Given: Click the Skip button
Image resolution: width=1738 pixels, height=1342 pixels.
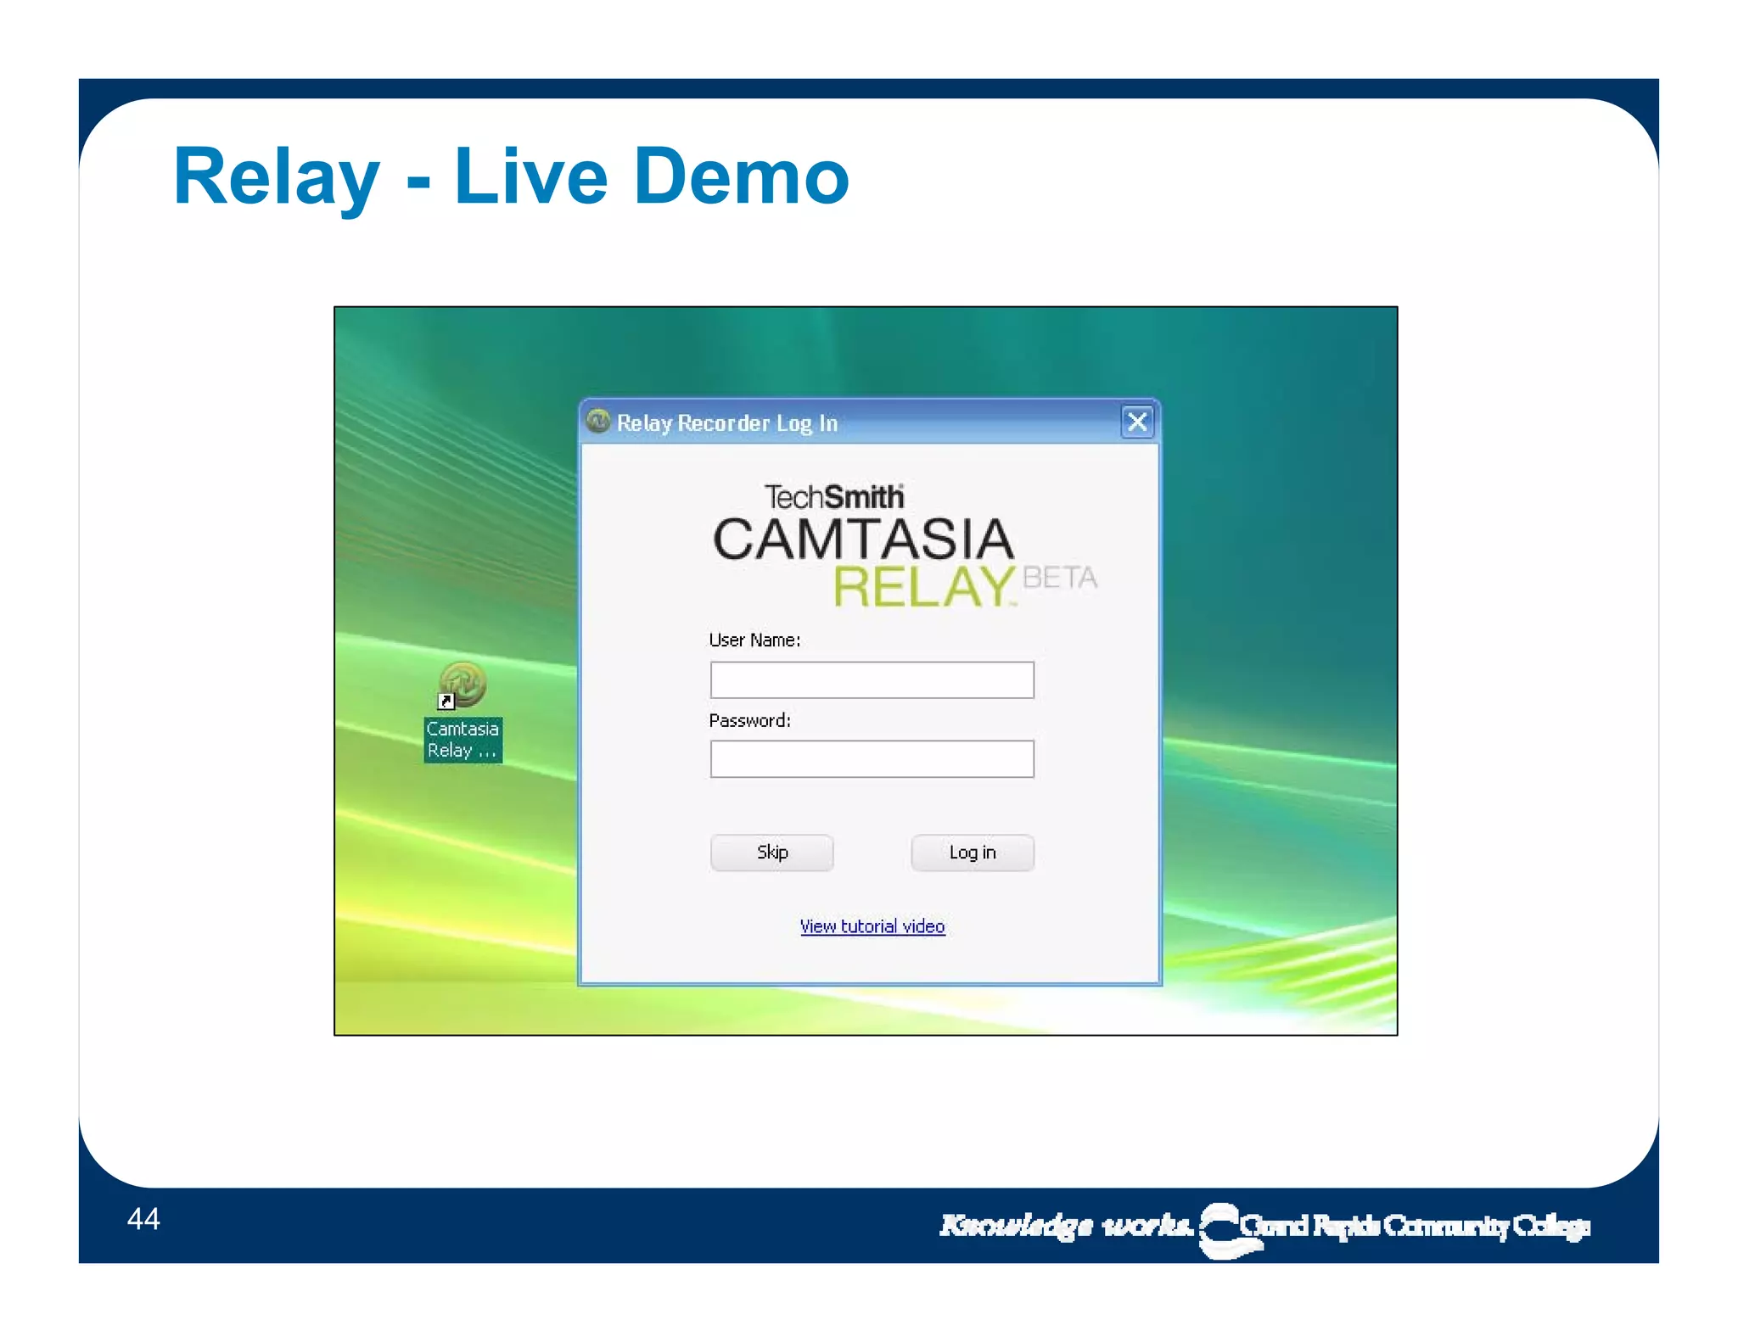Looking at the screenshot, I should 771,853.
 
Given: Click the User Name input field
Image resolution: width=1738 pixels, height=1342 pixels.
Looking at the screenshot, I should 872,680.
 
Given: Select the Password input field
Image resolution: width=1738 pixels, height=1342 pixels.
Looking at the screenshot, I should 872,759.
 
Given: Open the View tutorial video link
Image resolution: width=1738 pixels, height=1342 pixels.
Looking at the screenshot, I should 872,926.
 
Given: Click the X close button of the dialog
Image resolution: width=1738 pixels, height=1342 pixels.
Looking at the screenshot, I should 1137,422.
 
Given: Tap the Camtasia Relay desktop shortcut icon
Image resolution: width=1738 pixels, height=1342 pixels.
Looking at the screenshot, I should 463,685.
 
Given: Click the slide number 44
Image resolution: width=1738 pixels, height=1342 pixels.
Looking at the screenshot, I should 143,1219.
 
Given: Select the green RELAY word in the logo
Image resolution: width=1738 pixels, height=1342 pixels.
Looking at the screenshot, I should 923,586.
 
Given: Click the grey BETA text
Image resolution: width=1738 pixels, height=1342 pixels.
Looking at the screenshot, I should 1060,578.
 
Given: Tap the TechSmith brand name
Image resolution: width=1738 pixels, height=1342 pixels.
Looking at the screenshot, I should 833,497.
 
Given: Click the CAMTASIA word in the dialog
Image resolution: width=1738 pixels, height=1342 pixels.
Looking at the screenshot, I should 863,540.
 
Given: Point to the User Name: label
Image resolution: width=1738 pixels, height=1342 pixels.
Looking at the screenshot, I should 754,640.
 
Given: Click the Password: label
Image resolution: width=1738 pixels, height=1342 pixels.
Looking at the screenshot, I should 749,721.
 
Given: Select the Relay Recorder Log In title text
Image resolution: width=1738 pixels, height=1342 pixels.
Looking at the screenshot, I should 726,422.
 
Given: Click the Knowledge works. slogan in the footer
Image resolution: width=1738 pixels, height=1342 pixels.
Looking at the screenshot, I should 1066,1225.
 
